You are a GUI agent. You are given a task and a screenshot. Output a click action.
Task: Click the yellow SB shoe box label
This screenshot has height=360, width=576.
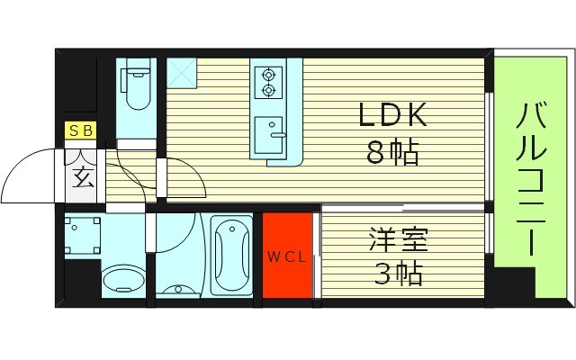click(80, 131)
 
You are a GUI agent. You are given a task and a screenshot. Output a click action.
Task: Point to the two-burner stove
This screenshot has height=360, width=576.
click(268, 83)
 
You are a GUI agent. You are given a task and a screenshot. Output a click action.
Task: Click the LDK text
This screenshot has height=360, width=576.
click(392, 117)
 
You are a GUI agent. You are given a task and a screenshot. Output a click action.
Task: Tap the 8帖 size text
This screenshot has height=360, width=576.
click(392, 153)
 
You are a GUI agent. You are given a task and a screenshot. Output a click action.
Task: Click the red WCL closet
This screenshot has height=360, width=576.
click(287, 256)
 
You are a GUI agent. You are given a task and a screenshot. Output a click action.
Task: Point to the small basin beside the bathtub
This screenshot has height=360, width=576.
click(179, 290)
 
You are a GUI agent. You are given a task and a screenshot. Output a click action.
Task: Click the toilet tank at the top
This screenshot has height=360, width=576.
click(138, 68)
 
